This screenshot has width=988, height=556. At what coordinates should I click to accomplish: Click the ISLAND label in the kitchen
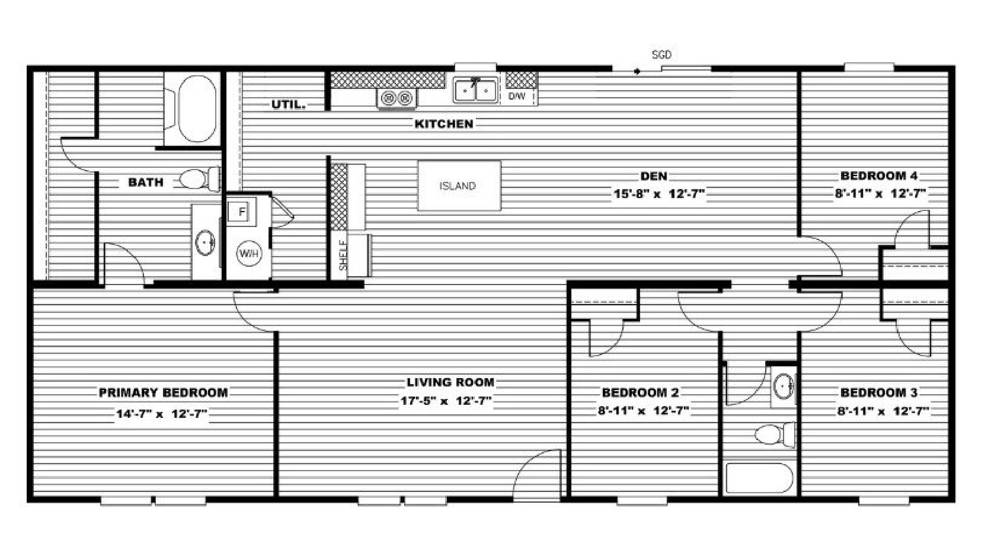(x=458, y=186)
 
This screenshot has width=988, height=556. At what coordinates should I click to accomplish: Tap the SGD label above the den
(x=661, y=55)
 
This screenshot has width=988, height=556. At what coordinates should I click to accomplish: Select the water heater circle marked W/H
(x=249, y=253)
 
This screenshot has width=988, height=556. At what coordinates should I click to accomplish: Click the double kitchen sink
(x=475, y=91)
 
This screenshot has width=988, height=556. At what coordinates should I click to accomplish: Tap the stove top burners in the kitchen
(x=397, y=98)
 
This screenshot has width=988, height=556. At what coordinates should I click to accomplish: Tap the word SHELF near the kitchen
(x=343, y=255)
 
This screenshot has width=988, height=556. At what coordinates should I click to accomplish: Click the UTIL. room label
(x=289, y=104)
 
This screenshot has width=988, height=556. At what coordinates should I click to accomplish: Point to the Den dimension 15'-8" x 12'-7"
(x=658, y=194)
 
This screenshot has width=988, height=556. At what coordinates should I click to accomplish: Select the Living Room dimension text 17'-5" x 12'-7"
(x=446, y=401)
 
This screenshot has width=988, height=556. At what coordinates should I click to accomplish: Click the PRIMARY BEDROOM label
(x=163, y=392)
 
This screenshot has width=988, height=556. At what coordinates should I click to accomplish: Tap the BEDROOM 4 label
(x=878, y=175)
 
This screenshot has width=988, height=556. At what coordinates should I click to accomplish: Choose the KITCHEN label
(x=444, y=124)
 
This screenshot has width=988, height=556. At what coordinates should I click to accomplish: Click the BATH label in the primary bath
(x=146, y=182)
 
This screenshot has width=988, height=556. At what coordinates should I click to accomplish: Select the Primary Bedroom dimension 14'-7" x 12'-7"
(x=161, y=414)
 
